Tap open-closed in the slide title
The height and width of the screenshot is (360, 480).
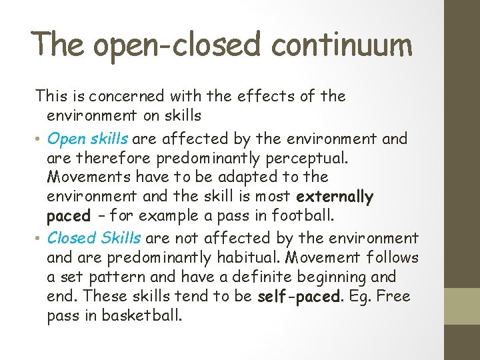point(174,45)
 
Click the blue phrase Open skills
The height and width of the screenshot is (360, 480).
point(89,139)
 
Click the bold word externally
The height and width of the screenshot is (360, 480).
point(335,197)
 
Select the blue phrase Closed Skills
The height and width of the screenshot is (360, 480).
point(94,237)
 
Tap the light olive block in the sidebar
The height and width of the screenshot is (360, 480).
point(462,306)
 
